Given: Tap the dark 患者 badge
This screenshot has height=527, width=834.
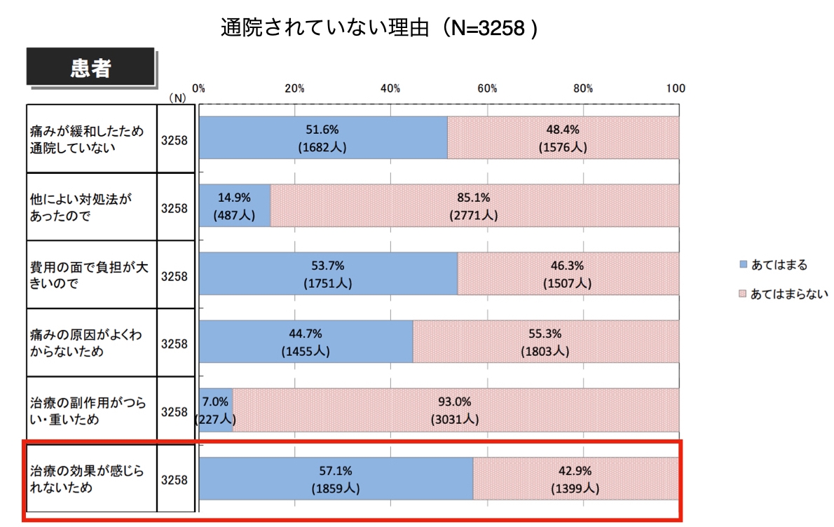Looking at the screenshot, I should coord(90,68).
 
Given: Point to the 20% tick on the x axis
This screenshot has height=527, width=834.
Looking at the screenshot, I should coord(294,88).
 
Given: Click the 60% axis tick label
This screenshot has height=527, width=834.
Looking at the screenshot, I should coord(487,88).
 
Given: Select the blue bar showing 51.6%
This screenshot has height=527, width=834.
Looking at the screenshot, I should coord(323,138).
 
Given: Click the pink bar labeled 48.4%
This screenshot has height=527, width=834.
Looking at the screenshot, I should coord(563,138).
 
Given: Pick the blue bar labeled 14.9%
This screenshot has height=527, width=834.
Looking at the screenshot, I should coord(235,206).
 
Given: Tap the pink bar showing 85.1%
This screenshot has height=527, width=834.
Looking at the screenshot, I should coord(474,206).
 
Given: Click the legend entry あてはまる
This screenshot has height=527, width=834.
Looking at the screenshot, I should coord(779,265).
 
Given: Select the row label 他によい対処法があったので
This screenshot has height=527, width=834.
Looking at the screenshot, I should coord(81,207).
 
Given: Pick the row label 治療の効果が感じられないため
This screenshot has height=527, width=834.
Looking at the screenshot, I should coord(86,479).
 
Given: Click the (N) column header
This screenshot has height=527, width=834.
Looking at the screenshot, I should coord(177,98).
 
